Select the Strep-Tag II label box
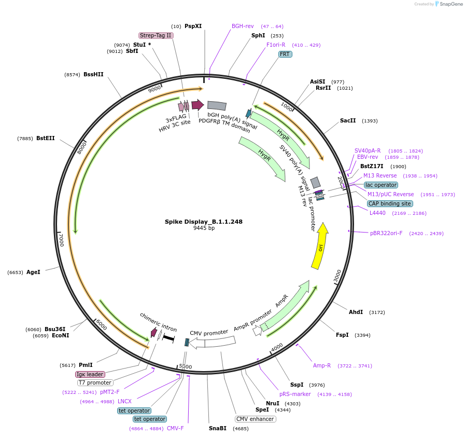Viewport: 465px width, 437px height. [x=156, y=36]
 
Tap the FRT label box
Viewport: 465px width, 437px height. [x=285, y=54]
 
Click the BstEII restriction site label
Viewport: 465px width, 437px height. [x=45, y=139]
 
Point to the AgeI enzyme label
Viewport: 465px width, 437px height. [x=33, y=272]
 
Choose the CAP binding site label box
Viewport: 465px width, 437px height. [x=390, y=204]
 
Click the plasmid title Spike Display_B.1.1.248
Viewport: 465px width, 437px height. [x=204, y=222]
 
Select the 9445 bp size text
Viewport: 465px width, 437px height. [x=204, y=228]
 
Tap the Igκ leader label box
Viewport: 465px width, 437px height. [x=90, y=374]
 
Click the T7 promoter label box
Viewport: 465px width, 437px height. [x=95, y=383]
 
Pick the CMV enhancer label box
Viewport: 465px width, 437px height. [x=255, y=419]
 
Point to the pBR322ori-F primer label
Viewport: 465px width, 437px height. [x=386, y=234]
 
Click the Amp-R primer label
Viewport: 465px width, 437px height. [x=322, y=365]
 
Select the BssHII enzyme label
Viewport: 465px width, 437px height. [x=93, y=74]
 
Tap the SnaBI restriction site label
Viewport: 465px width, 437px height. [x=218, y=428]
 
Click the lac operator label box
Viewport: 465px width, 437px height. [x=381, y=185]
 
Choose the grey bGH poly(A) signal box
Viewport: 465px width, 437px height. [x=217, y=106]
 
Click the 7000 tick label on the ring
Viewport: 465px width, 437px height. [x=61, y=240]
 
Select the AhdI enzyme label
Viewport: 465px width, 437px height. [x=356, y=312]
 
